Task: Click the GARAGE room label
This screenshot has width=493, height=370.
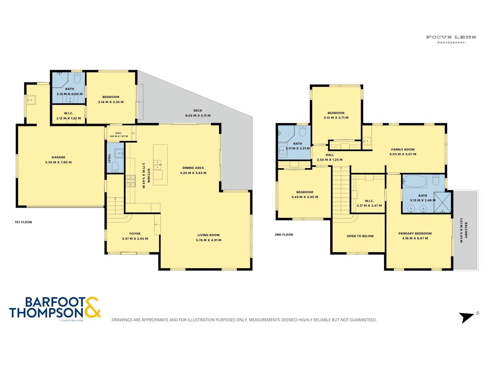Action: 59,157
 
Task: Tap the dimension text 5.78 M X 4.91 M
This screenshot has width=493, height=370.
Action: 208,240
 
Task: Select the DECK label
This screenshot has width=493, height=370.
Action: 198,110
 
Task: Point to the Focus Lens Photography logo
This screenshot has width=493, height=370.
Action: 451,39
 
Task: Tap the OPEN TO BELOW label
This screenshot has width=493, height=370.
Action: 360,236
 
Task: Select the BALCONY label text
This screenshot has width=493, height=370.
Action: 466,230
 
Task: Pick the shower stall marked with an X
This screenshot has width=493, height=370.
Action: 442,202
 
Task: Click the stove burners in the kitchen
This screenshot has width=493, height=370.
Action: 131,181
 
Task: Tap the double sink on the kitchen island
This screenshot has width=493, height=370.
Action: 157,165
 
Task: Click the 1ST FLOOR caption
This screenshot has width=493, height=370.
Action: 23,222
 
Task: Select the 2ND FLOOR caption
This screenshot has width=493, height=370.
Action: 284,235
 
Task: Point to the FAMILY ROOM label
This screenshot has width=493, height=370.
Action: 403,150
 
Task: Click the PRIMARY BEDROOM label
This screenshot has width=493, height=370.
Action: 415,233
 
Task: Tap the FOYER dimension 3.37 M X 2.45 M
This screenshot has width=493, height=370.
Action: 135,239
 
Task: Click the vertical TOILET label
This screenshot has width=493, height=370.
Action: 109,158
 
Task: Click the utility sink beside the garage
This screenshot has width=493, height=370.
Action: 31,100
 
